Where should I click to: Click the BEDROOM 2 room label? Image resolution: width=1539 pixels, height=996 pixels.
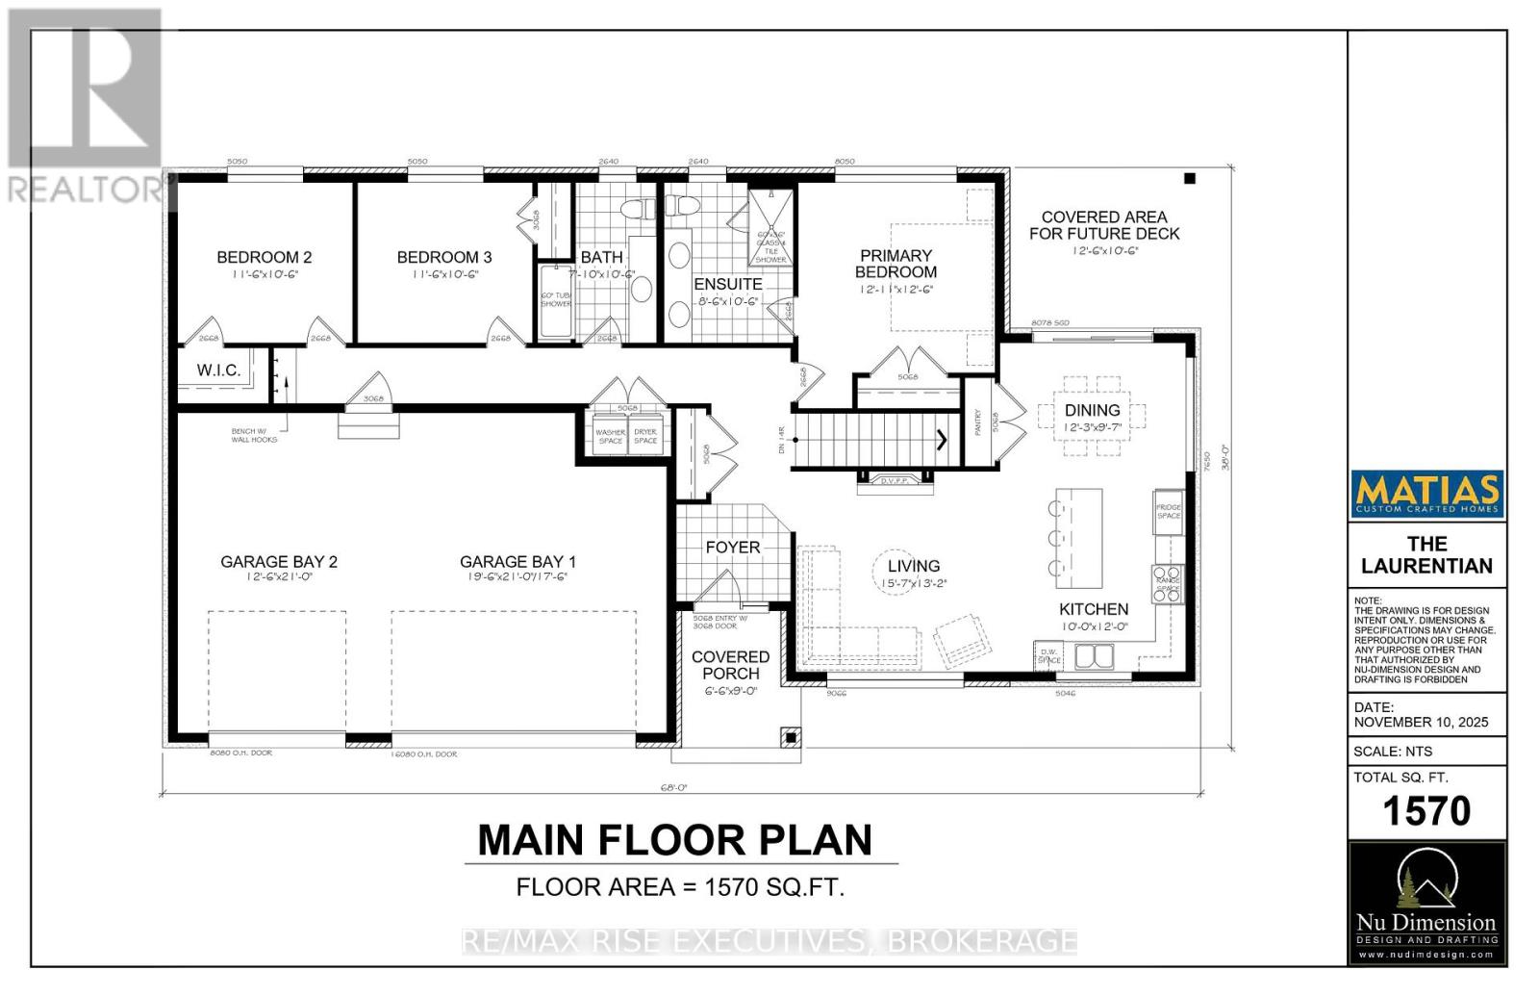(x=264, y=257)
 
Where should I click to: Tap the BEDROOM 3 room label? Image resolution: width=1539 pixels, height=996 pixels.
(x=444, y=257)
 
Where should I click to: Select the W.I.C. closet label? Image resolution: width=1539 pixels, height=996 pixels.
(x=218, y=370)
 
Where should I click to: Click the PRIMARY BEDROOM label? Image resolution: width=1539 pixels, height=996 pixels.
(x=896, y=264)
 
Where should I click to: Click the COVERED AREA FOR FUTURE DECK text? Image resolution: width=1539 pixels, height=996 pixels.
(x=1104, y=225)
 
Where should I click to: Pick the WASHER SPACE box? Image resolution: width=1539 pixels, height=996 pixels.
(x=610, y=436)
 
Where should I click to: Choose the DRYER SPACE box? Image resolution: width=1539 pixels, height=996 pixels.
(x=645, y=436)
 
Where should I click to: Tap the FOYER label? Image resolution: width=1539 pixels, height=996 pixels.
(x=733, y=547)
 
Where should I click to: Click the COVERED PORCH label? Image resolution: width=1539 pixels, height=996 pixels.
(x=731, y=665)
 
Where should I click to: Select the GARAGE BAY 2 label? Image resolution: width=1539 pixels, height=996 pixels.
(x=279, y=562)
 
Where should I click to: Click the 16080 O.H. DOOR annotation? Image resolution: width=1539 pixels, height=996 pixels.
(x=423, y=754)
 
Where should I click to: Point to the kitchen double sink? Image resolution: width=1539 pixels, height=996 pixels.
(x=1094, y=656)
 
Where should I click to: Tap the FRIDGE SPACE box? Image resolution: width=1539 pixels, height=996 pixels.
(x=1168, y=511)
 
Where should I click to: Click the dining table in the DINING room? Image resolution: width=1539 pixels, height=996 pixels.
(x=1093, y=417)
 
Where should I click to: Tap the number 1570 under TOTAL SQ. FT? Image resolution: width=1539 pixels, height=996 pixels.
(x=1426, y=811)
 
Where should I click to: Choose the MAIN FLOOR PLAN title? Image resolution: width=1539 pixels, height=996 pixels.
(x=674, y=840)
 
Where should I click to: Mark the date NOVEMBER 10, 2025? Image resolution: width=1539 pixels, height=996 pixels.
(x=1421, y=722)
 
